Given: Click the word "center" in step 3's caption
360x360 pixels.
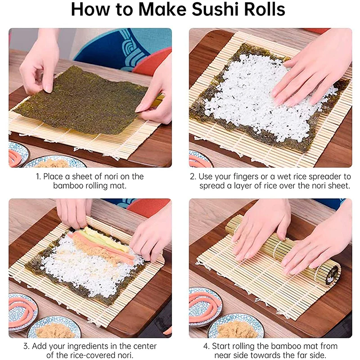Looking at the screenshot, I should point(145,346).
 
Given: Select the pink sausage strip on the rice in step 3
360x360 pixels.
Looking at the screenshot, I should point(103,245).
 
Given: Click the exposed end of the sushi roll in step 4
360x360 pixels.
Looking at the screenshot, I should point(332,274).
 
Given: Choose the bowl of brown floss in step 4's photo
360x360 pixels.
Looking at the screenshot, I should point(236,328).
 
